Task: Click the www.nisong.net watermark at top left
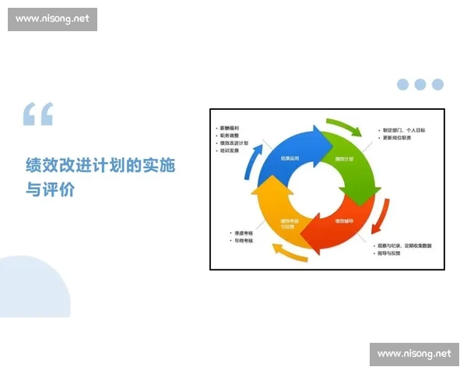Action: coord(53,19)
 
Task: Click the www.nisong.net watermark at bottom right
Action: coord(414,354)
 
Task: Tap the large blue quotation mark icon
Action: coord(38,115)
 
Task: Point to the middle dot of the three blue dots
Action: coord(420,84)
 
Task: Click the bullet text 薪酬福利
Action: coord(231,127)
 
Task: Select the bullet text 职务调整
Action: coord(231,136)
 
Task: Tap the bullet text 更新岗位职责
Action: coord(399,138)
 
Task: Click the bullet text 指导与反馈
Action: coord(393,254)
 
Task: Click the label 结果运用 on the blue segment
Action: coord(292,159)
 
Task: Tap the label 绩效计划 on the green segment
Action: coord(344,159)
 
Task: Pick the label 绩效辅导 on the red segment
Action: coord(345,221)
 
